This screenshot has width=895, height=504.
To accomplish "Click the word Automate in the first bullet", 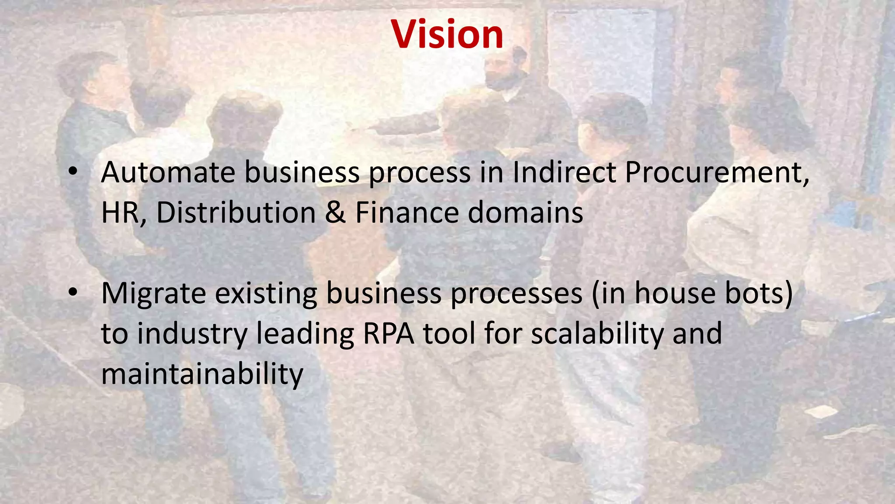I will (168, 172).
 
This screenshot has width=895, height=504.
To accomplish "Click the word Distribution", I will (236, 213).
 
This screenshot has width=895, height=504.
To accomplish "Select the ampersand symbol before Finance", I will (335, 213).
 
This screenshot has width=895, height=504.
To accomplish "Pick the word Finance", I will (407, 213).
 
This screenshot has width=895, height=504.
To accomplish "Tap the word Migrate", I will (153, 294).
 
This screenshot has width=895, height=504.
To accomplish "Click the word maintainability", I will (202, 374).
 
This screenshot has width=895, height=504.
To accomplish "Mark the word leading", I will (305, 334).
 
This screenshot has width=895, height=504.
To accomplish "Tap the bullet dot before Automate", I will (73, 171).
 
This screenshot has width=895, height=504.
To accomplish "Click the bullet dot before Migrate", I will (73, 292).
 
